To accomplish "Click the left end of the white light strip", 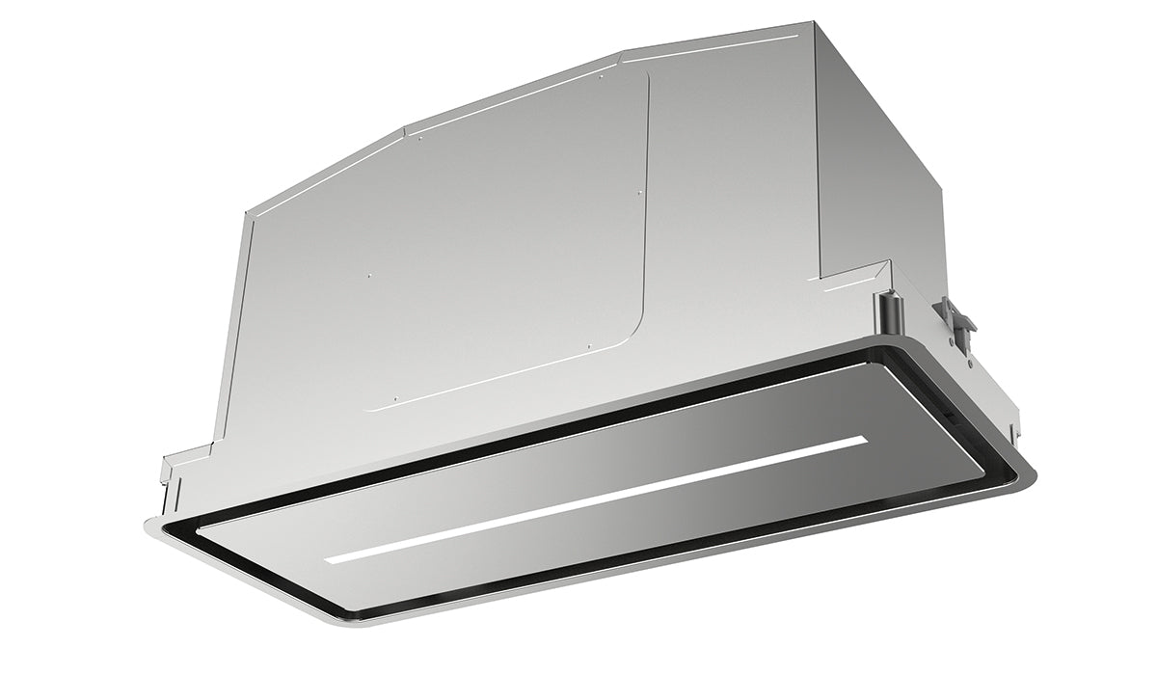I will click(x=330, y=560).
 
